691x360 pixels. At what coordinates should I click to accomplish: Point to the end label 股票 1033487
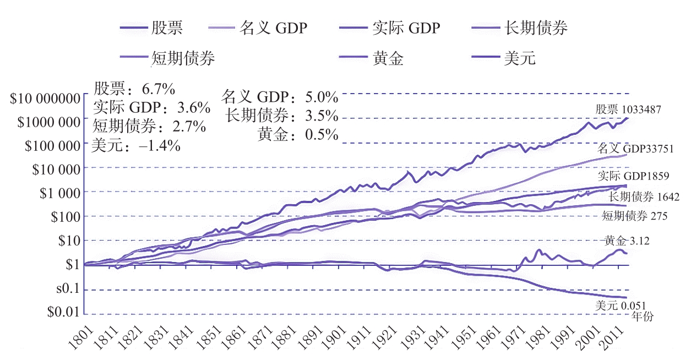[628, 109]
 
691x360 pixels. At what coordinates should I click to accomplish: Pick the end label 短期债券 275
[635, 216]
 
